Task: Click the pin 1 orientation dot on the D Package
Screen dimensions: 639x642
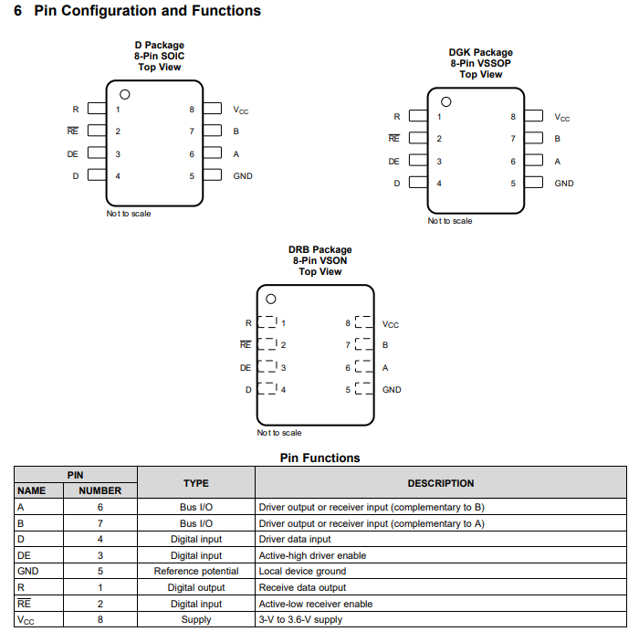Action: (125, 95)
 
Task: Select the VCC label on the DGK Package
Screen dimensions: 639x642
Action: (562, 118)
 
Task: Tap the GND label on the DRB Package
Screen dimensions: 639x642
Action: (392, 390)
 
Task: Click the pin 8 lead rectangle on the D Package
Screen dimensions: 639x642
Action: (213, 109)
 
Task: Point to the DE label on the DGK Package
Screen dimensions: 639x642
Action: (393, 162)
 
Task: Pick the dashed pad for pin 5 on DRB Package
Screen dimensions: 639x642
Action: (364, 388)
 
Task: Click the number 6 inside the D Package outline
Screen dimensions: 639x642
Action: (192, 154)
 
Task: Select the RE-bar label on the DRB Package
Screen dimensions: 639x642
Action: (246, 344)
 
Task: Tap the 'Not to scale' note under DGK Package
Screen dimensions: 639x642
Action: (450, 221)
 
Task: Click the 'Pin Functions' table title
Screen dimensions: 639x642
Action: (320, 458)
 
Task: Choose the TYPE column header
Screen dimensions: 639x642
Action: (196, 483)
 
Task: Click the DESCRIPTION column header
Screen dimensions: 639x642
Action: (441, 483)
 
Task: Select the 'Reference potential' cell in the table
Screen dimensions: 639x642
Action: (196, 571)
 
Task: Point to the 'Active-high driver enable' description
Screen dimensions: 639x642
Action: (312, 555)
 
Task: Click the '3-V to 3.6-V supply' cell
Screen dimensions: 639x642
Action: (300, 619)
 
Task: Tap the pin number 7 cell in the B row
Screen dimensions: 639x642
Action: (100, 523)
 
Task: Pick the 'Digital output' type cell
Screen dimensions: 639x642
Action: (196, 587)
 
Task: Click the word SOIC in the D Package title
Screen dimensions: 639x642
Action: (173, 56)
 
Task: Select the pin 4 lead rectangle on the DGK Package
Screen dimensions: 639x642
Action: (418, 183)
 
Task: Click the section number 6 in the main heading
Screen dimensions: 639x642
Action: (17, 11)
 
